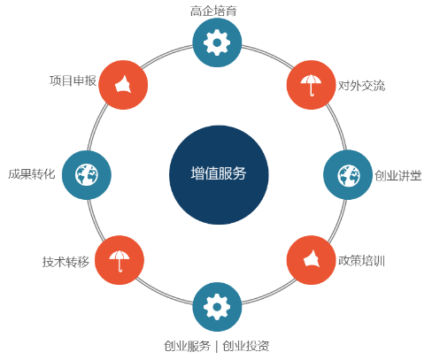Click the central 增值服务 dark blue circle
pos(219,175)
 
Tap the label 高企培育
pos(213,11)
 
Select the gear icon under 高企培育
pos(217,42)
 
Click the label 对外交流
pos(361,86)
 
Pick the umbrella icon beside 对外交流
pos(311,85)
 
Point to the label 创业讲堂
pos(398,176)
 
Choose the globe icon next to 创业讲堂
pos(348,175)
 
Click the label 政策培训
pos(361,261)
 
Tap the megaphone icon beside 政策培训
pos(311,260)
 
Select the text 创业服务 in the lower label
pos(188,346)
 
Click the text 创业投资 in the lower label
pos(246,346)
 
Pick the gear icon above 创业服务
pos(217,307)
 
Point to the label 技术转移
pos(66,262)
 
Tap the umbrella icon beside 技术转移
pos(120,260)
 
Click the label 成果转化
pos(32,174)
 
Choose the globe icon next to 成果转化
pos(87,175)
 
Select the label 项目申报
pos(73,80)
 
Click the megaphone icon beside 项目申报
pos(123,85)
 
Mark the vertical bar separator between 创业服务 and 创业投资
pos(217,347)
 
